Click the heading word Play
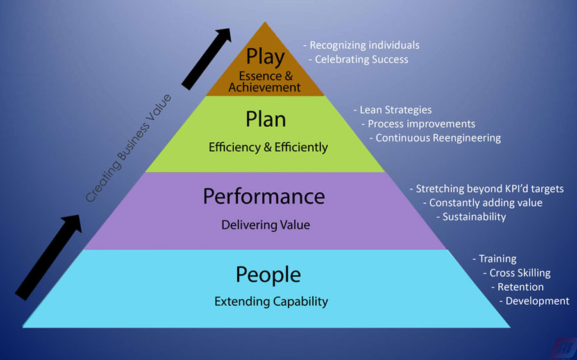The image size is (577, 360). (x=265, y=57)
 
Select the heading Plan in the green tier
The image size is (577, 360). (x=265, y=119)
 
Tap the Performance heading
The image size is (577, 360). (x=264, y=196)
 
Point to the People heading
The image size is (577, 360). (x=268, y=275)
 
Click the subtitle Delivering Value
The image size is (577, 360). (x=265, y=225)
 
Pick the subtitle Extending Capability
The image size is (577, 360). (x=271, y=301)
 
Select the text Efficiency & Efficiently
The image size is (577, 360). (x=268, y=147)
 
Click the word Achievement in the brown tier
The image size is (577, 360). (x=265, y=87)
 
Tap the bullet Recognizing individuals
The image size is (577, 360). (x=364, y=45)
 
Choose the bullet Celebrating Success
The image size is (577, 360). (x=362, y=60)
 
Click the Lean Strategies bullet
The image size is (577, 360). (x=395, y=110)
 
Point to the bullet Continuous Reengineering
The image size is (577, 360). (x=438, y=138)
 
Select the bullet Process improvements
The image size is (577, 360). (x=421, y=124)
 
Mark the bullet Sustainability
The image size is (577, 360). (x=474, y=217)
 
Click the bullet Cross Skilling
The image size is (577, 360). (x=519, y=273)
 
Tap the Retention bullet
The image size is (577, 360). (x=520, y=287)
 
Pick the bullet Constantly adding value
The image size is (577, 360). (x=485, y=202)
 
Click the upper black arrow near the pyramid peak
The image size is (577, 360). (x=206, y=58)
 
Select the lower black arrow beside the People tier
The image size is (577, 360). (x=49, y=257)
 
